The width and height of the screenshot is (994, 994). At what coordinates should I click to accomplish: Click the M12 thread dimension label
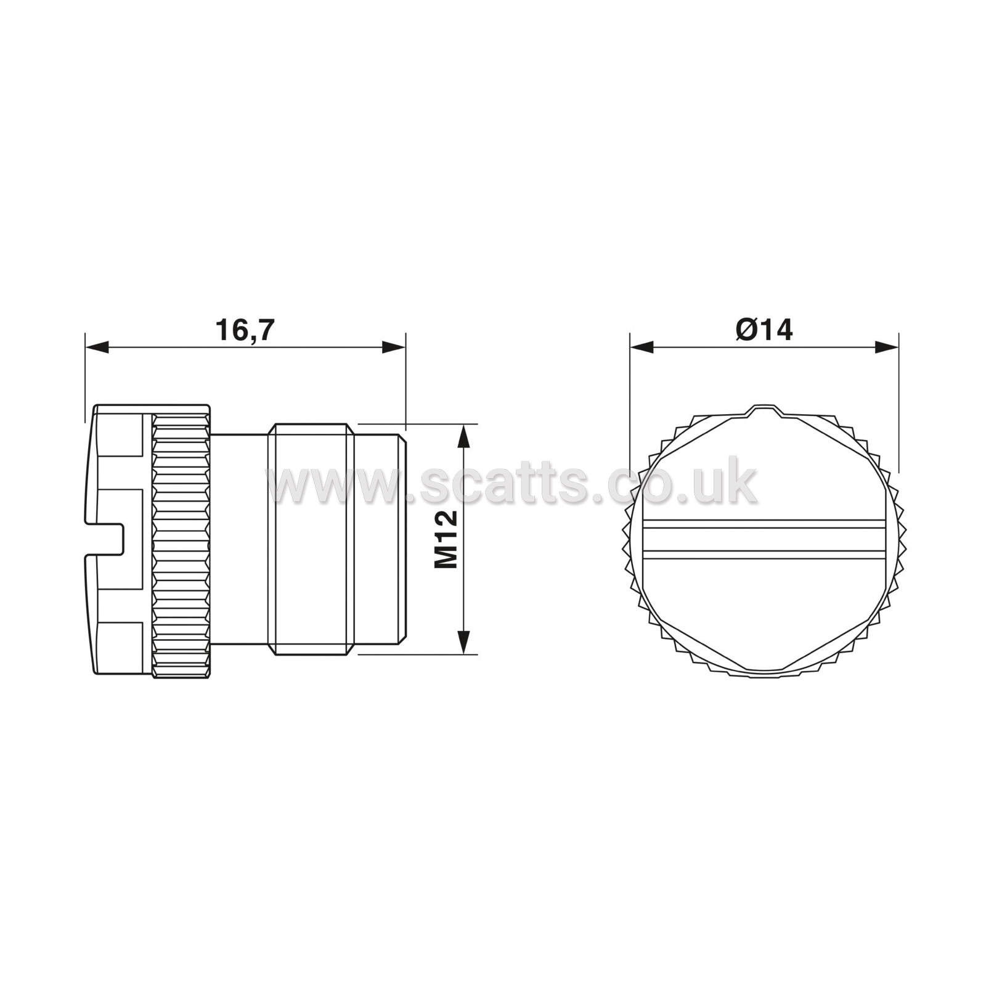tap(446, 539)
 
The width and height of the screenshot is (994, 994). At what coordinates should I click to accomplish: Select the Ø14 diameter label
tap(764, 330)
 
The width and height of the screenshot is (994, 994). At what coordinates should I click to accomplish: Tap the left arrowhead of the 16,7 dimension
tap(97, 347)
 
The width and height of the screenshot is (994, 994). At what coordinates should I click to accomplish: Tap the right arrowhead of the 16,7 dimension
tap(394, 347)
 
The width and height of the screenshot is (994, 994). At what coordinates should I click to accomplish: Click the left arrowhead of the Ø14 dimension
tap(642, 347)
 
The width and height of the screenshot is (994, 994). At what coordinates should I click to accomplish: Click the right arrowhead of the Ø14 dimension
tap(886, 347)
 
